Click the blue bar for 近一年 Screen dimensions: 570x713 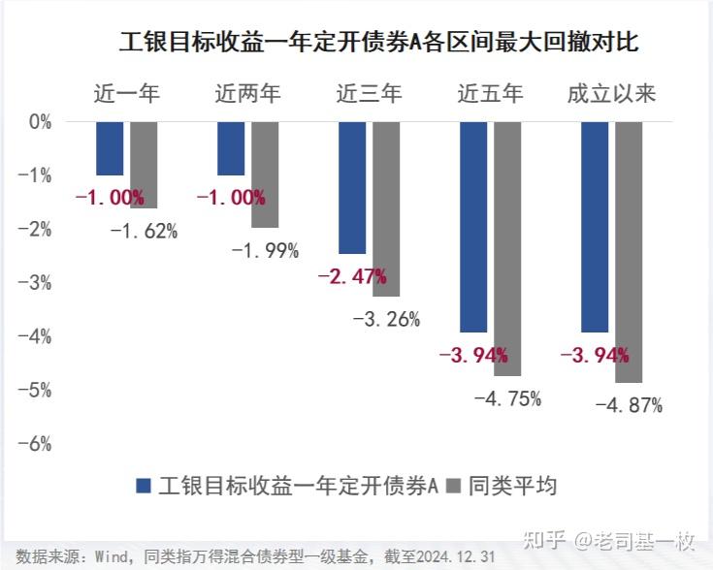[x=110, y=148]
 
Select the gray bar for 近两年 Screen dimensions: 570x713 [x=265, y=174]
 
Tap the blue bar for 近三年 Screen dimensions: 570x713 [x=352, y=187]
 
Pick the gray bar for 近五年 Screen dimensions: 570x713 [x=507, y=248]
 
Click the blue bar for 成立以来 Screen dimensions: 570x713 [x=595, y=227]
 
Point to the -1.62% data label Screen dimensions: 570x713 [x=144, y=231]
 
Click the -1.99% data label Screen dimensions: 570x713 [x=265, y=250]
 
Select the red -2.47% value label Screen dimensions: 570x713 [x=352, y=276]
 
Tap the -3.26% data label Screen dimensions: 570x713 [x=386, y=319]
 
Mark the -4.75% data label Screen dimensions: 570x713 [x=507, y=398]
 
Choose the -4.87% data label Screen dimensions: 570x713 [x=629, y=405]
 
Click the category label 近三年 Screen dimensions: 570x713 [x=369, y=94]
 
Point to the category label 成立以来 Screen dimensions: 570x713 [x=611, y=94]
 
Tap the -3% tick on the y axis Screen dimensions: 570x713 [x=40, y=282]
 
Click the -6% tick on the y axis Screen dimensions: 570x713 [x=40, y=443]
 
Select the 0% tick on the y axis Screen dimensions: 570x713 [x=40, y=122]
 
